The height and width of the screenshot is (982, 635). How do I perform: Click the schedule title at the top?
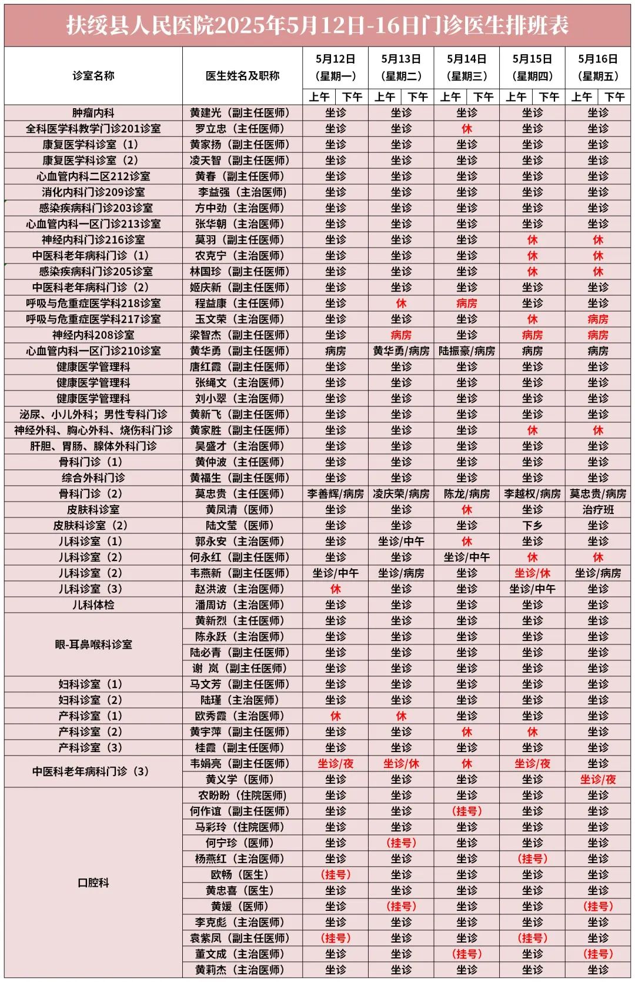point(317,25)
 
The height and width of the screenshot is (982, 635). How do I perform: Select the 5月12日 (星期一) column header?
point(335,67)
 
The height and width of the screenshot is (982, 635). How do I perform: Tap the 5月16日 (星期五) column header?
point(597,67)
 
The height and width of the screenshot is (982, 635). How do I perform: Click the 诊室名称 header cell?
point(93,76)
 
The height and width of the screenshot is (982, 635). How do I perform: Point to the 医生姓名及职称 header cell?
point(242,76)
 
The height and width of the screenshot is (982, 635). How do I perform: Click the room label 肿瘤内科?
point(93,113)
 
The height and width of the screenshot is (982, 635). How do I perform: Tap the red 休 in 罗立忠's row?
point(467,129)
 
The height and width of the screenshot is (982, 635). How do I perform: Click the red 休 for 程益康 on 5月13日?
point(401,303)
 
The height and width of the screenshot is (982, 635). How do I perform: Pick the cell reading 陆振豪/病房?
point(467,351)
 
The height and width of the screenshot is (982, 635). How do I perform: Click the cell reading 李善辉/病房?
point(335,494)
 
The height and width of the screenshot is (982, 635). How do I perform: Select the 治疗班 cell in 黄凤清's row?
point(597,510)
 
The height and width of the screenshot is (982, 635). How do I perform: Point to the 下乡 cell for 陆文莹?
point(532,526)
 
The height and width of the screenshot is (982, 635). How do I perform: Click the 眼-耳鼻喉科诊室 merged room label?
point(93,644)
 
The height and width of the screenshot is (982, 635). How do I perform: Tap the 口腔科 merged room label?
point(93,883)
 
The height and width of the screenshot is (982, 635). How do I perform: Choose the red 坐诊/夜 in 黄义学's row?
point(597,780)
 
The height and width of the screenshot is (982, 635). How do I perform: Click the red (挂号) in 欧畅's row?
point(335,875)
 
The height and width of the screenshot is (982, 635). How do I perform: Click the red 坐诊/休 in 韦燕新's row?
point(532,573)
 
